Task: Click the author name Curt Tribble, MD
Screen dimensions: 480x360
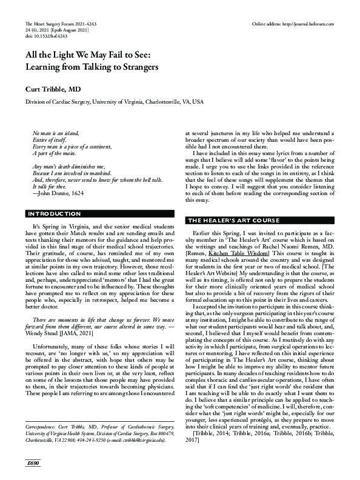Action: click(53, 88)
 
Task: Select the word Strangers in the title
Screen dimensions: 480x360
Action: click(132, 67)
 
